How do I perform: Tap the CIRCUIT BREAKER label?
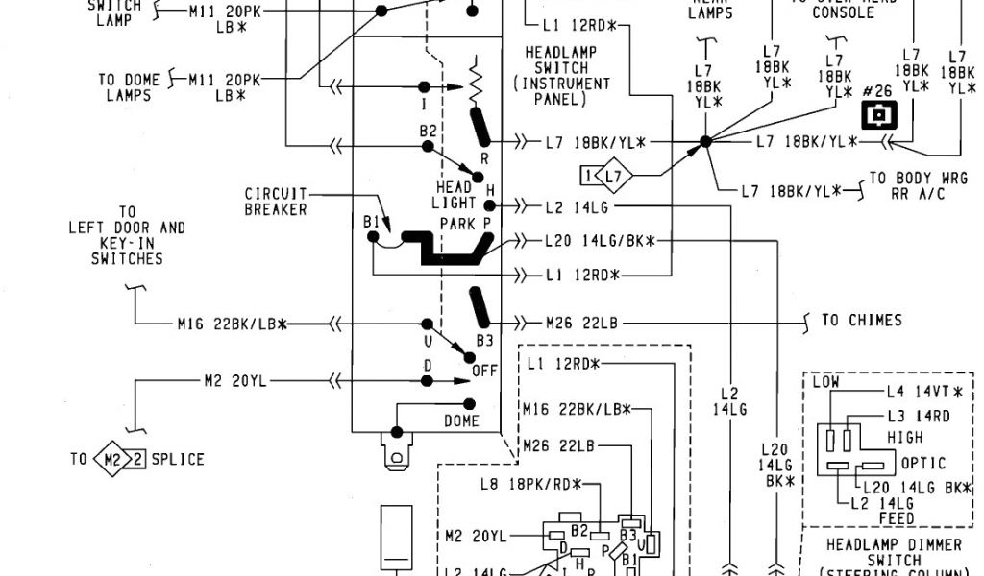pyautogui.click(x=276, y=202)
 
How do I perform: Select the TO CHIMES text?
pyautogui.click(x=861, y=320)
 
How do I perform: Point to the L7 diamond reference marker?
pyautogui.click(x=608, y=176)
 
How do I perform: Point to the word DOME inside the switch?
pyautogui.click(x=461, y=420)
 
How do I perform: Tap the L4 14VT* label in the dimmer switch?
pyautogui.click(x=923, y=391)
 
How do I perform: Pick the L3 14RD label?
pyautogui.click(x=917, y=415)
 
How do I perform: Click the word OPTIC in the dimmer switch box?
pyautogui.click(x=923, y=463)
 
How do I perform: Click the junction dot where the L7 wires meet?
pyautogui.click(x=705, y=142)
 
